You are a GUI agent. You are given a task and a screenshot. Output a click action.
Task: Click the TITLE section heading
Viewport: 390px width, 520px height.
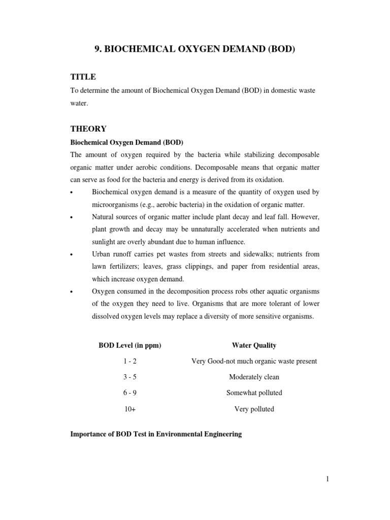(x=83, y=77)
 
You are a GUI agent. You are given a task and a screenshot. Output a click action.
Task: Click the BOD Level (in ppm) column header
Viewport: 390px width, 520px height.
(x=129, y=345)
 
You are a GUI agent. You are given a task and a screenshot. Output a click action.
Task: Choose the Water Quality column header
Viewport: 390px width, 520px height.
(x=254, y=345)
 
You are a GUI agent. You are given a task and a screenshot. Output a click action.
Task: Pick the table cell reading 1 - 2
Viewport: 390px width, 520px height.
(x=129, y=361)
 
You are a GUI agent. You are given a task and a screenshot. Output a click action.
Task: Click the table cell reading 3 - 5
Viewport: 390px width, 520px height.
(x=129, y=377)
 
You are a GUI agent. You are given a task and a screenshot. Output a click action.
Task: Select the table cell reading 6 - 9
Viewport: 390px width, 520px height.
(x=129, y=393)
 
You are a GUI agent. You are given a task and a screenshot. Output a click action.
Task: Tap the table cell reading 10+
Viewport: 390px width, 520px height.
(x=129, y=409)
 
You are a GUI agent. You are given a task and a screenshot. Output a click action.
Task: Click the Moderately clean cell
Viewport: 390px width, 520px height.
(x=254, y=377)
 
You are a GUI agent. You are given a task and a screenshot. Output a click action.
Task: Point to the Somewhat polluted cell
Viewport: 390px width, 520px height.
(x=254, y=393)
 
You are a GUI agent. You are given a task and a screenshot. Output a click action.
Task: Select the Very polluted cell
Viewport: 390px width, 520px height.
(x=254, y=409)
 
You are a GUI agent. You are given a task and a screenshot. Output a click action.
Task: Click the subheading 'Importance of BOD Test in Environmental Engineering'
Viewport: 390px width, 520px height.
(x=155, y=435)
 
